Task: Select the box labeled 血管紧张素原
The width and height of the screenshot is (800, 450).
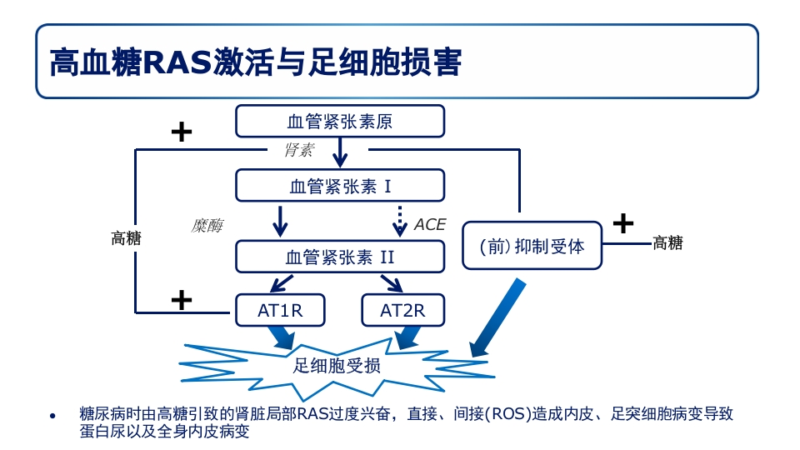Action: [340, 122]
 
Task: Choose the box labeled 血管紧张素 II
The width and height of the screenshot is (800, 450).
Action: [340, 257]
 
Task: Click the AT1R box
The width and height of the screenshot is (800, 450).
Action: [280, 311]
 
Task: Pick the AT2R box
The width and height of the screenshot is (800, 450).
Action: [402, 311]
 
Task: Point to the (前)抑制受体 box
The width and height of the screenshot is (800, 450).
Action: [532, 246]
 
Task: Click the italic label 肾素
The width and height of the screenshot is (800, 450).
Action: [298, 150]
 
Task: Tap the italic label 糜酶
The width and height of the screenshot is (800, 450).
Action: [207, 226]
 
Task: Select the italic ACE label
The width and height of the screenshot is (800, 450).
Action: [430, 225]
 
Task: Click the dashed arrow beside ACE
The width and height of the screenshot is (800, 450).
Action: [400, 221]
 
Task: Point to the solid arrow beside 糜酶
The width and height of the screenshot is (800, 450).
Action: [281, 221]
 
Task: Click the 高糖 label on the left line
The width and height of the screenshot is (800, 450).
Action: [127, 238]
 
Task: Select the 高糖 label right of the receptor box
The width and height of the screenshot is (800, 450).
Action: [667, 243]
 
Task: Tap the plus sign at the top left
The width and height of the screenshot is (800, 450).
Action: [181, 132]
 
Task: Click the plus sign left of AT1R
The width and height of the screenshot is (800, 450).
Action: [181, 299]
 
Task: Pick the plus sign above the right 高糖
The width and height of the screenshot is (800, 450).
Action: [622, 222]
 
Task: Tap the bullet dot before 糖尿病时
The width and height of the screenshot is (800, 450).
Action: [52, 415]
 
